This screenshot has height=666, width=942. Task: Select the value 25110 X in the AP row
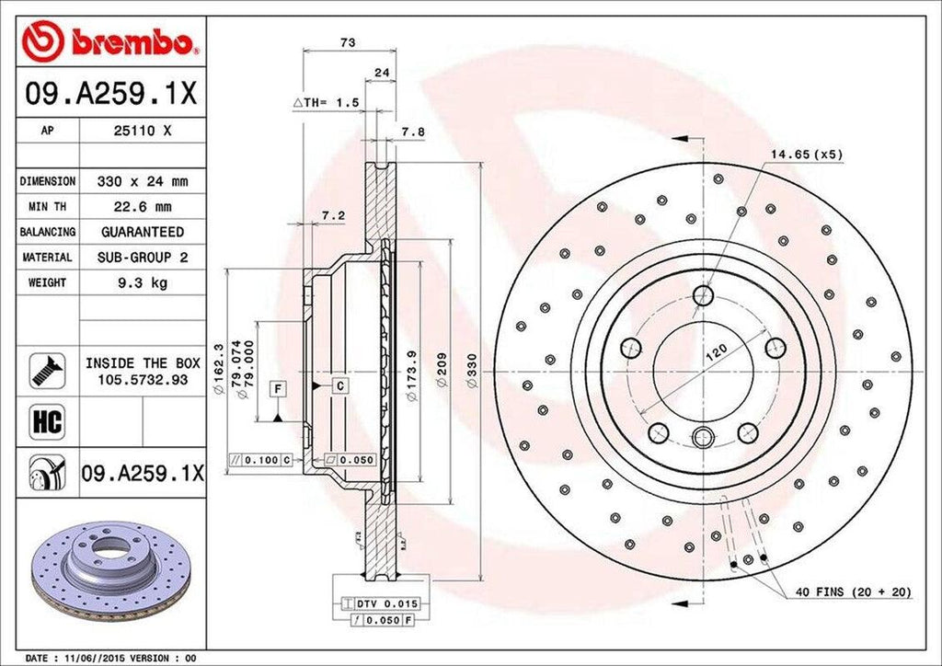pos(143,131)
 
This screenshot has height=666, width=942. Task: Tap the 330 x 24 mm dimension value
pos(143,181)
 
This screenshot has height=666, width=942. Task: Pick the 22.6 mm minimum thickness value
pos(143,207)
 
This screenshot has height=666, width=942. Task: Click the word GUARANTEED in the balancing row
pos(143,232)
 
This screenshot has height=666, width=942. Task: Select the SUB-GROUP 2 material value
pos(143,258)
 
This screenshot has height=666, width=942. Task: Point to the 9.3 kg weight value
pos(143,283)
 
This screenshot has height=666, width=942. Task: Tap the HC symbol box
pos(46,421)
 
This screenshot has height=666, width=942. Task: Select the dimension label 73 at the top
pos(348,42)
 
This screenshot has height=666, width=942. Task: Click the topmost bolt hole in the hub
pos(704,296)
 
